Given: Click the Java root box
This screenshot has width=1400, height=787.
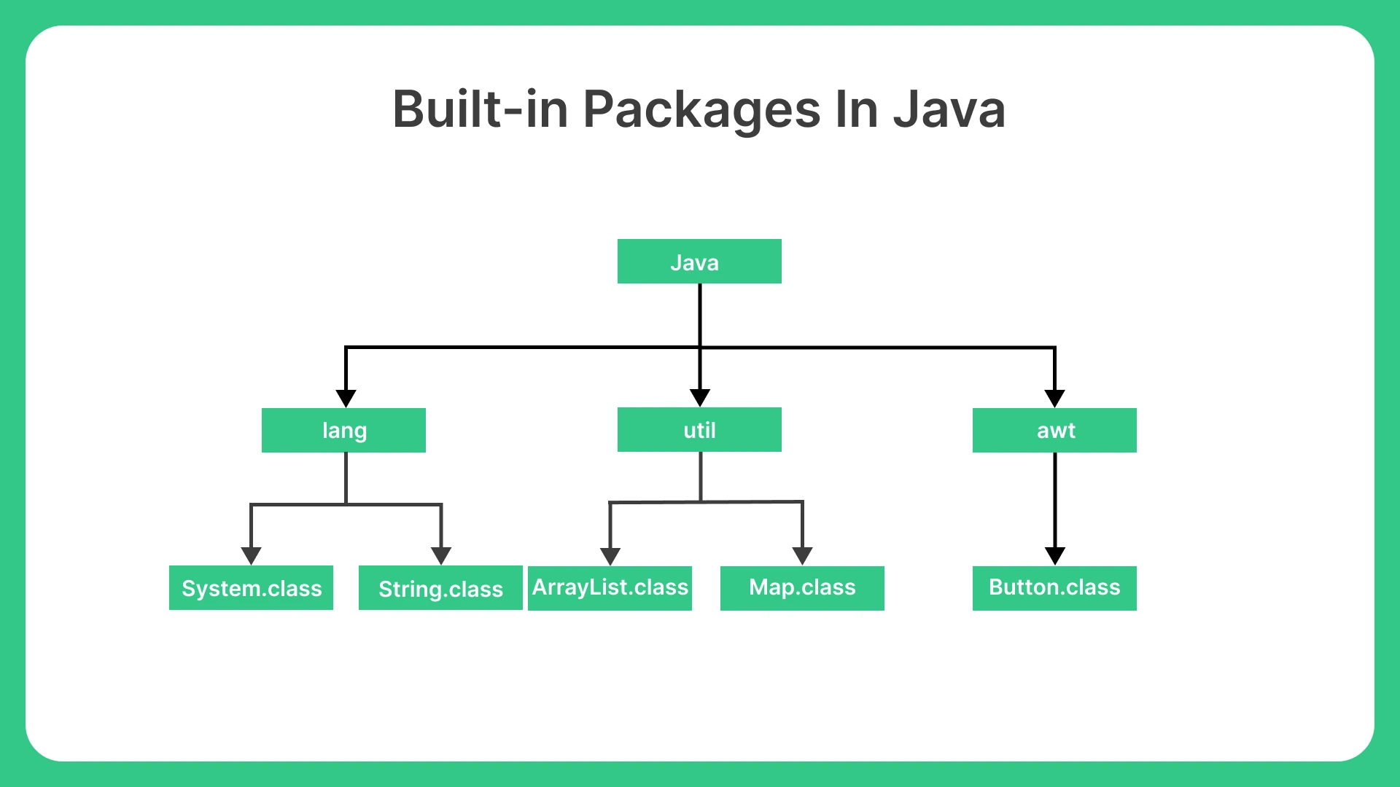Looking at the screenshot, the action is [699, 261].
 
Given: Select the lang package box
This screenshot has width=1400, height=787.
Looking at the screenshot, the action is [343, 430].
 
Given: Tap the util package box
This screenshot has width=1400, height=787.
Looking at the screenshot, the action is [699, 429].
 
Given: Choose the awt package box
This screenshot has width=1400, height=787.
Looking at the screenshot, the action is [1054, 430].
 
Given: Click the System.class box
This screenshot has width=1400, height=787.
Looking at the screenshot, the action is [251, 587].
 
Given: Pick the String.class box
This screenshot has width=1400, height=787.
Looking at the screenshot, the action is [440, 587].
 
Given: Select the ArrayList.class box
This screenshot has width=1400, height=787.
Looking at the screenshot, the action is [610, 588].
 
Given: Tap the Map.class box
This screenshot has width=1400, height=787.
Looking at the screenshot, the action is [802, 588].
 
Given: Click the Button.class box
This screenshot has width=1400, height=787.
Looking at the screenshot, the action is [1054, 588].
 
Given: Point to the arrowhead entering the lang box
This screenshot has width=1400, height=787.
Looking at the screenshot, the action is [346, 399].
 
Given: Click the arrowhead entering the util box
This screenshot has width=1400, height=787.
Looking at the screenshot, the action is [700, 398].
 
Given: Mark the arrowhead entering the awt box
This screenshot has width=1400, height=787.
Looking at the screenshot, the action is [1054, 399].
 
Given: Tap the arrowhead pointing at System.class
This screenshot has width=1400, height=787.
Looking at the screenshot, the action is [251, 557].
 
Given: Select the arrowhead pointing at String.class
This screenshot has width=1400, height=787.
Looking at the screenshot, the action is [441, 557].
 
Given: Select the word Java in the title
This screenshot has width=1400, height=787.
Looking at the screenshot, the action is [950, 109].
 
